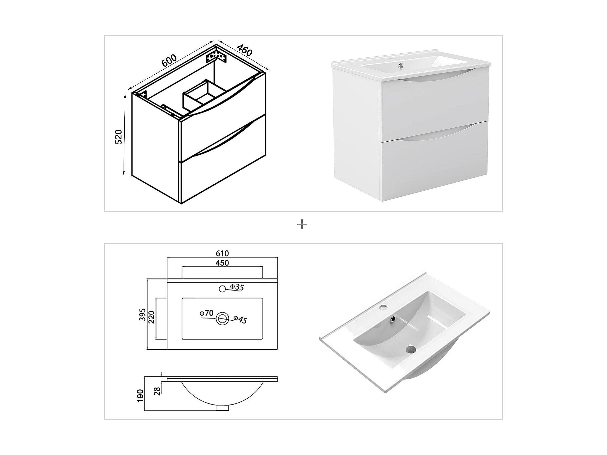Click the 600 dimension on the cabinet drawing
click(x=169, y=61)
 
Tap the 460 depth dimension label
click(x=244, y=50)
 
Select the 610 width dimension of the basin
click(x=222, y=253)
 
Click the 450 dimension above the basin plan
click(x=222, y=263)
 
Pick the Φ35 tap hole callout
click(x=237, y=287)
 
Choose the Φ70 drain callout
click(x=206, y=313)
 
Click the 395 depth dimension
click(x=142, y=315)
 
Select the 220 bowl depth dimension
click(x=151, y=317)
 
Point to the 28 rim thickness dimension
click(x=157, y=391)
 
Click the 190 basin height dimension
click(x=140, y=396)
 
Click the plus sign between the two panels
click(x=302, y=225)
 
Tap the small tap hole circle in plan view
click(x=222, y=288)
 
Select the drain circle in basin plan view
click(x=222, y=319)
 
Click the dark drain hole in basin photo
click(x=411, y=349)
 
